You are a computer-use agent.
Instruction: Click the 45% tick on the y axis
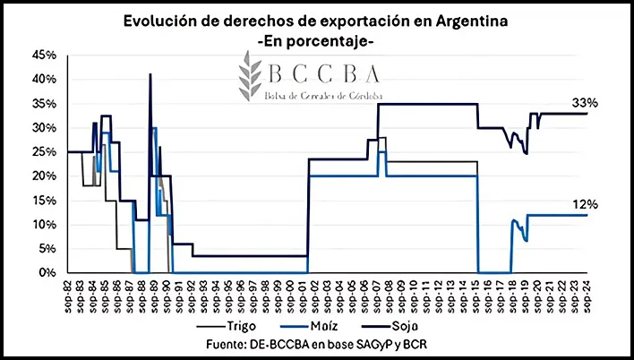point(44,55)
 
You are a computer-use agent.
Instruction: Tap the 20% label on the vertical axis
point(44,176)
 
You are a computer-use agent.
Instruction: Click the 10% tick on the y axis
point(44,224)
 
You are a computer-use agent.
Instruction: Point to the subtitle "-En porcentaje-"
point(318,41)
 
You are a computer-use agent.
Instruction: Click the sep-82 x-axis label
point(69,292)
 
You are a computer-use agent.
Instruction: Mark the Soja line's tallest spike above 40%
point(150,74)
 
